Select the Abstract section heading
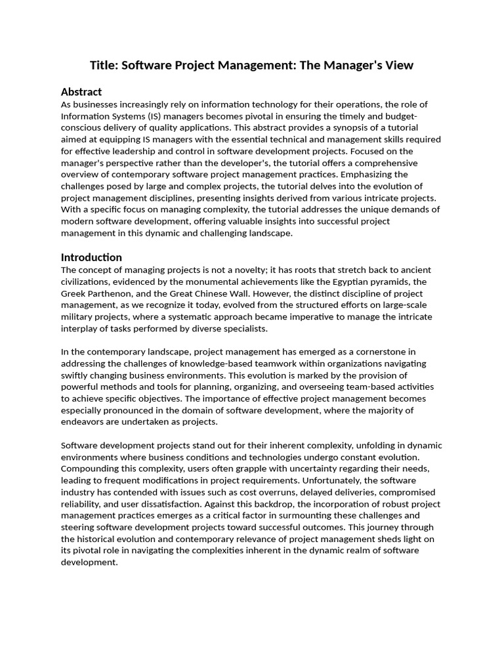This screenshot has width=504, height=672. point(81,92)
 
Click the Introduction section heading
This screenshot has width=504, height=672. point(91,257)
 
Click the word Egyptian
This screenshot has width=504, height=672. point(345,282)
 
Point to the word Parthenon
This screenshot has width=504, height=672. point(115,294)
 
